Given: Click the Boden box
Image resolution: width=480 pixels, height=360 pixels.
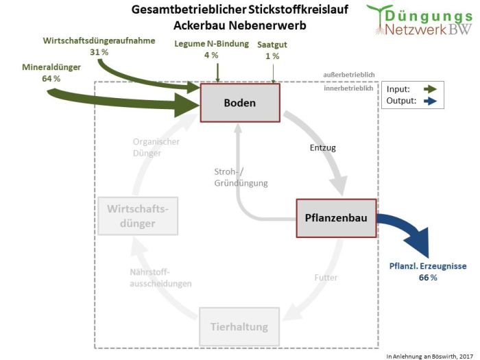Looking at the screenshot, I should pyautogui.click(x=239, y=103).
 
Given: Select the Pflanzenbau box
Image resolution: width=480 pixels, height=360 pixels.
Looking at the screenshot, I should pyautogui.click(x=336, y=218).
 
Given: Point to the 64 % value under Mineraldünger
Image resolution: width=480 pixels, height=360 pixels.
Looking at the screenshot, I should pyautogui.click(x=51, y=79).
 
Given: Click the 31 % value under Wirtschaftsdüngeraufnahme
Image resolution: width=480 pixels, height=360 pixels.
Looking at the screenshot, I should pyautogui.click(x=99, y=52).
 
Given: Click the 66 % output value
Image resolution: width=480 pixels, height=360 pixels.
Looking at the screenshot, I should pyautogui.click(x=428, y=278).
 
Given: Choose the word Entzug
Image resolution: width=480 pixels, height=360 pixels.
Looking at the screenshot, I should pyautogui.click(x=322, y=147).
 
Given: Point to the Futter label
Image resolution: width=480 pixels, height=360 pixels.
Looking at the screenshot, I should pyautogui.click(x=326, y=278).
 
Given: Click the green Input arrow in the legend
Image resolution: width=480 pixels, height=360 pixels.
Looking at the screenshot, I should pyautogui.click(x=431, y=89).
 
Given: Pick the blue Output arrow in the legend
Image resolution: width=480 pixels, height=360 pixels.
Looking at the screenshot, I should pyautogui.click(x=431, y=101).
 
